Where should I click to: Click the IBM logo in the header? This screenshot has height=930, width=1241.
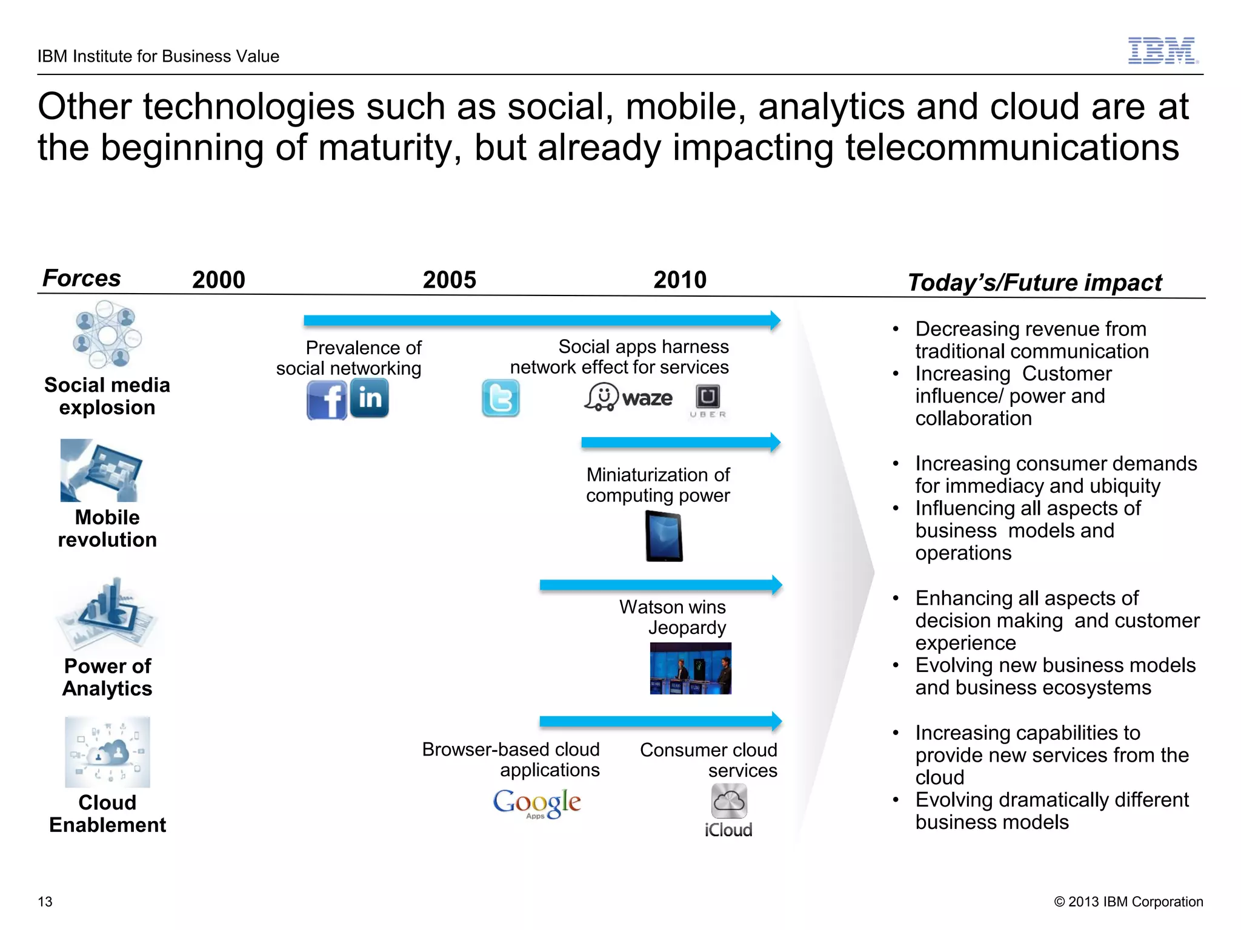pyautogui.click(x=1162, y=51)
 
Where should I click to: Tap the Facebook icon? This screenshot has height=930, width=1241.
pyautogui.click(x=327, y=400)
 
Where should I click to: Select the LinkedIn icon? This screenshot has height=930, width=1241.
pyautogui.click(x=370, y=398)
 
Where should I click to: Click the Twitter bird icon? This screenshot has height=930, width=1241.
pyautogui.click(x=501, y=398)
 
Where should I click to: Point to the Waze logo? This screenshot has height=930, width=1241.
pyautogui.click(x=628, y=398)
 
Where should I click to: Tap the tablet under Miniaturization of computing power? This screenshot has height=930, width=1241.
pyautogui.click(x=664, y=536)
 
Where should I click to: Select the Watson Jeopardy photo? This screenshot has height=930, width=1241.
pyautogui.click(x=690, y=668)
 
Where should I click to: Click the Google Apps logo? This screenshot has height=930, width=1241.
pyautogui.click(x=537, y=803)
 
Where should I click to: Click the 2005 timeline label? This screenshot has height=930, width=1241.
pyautogui.click(x=449, y=280)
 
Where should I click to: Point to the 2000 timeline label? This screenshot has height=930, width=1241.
pyautogui.click(x=218, y=280)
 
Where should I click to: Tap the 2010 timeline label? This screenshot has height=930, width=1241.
pyautogui.click(x=680, y=280)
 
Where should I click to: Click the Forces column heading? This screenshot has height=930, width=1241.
pyautogui.click(x=82, y=278)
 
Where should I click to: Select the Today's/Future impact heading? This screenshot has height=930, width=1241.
pyautogui.click(x=1034, y=282)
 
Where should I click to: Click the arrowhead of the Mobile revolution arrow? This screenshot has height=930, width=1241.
pyautogui.click(x=775, y=443)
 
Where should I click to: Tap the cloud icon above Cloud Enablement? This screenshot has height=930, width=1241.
pyautogui.click(x=107, y=752)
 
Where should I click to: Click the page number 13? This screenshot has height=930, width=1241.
pyautogui.click(x=45, y=902)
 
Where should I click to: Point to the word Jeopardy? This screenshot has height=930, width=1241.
pyautogui.click(x=687, y=628)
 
